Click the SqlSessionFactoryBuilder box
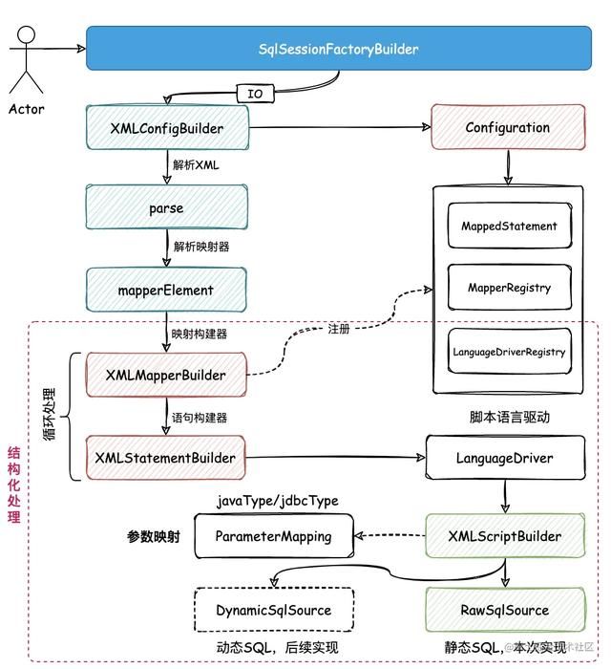click(x=338, y=49)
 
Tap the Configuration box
click(x=507, y=127)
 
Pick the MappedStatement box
click(x=509, y=227)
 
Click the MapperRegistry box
click(x=509, y=288)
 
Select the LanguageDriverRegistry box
click(x=509, y=352)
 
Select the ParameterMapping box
click(x=273, y=536)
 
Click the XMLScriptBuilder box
click(x=504, y=536)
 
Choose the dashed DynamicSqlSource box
click(x=273, y=610)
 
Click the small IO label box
click(x=255, y=94)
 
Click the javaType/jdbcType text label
click(x=277, y=501)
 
